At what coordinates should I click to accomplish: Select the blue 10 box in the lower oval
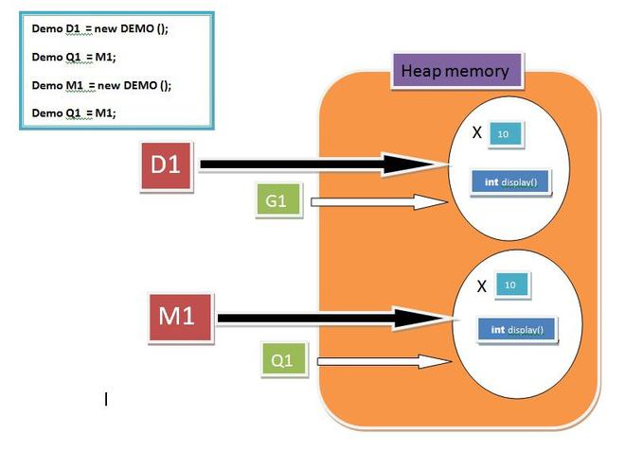(x=509, y=285)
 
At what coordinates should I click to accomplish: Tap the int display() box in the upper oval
(x=510, y=182)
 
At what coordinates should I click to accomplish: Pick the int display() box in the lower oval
(x=517, y=330)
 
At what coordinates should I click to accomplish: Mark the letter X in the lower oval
(x=482, y=286)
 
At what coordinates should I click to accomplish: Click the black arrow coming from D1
(x=322, y=165)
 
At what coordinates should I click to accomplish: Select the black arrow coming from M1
(x=331, y=319)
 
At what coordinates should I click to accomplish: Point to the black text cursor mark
(x=106, y=400)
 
